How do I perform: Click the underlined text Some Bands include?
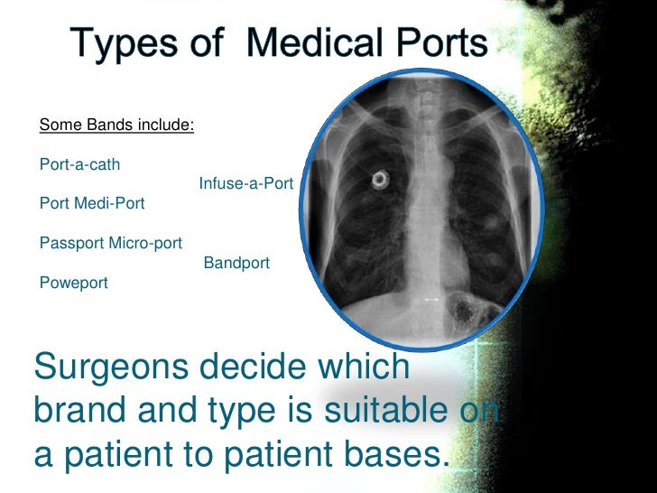[116, 125]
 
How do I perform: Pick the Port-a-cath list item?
[79, 164]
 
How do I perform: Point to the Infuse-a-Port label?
[245, 183]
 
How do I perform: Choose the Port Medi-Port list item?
[92, 203]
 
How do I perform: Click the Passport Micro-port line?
[111, 243]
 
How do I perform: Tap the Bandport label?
[236, 263]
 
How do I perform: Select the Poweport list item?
[74, 283]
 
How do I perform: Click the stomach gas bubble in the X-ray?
[468, 310]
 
